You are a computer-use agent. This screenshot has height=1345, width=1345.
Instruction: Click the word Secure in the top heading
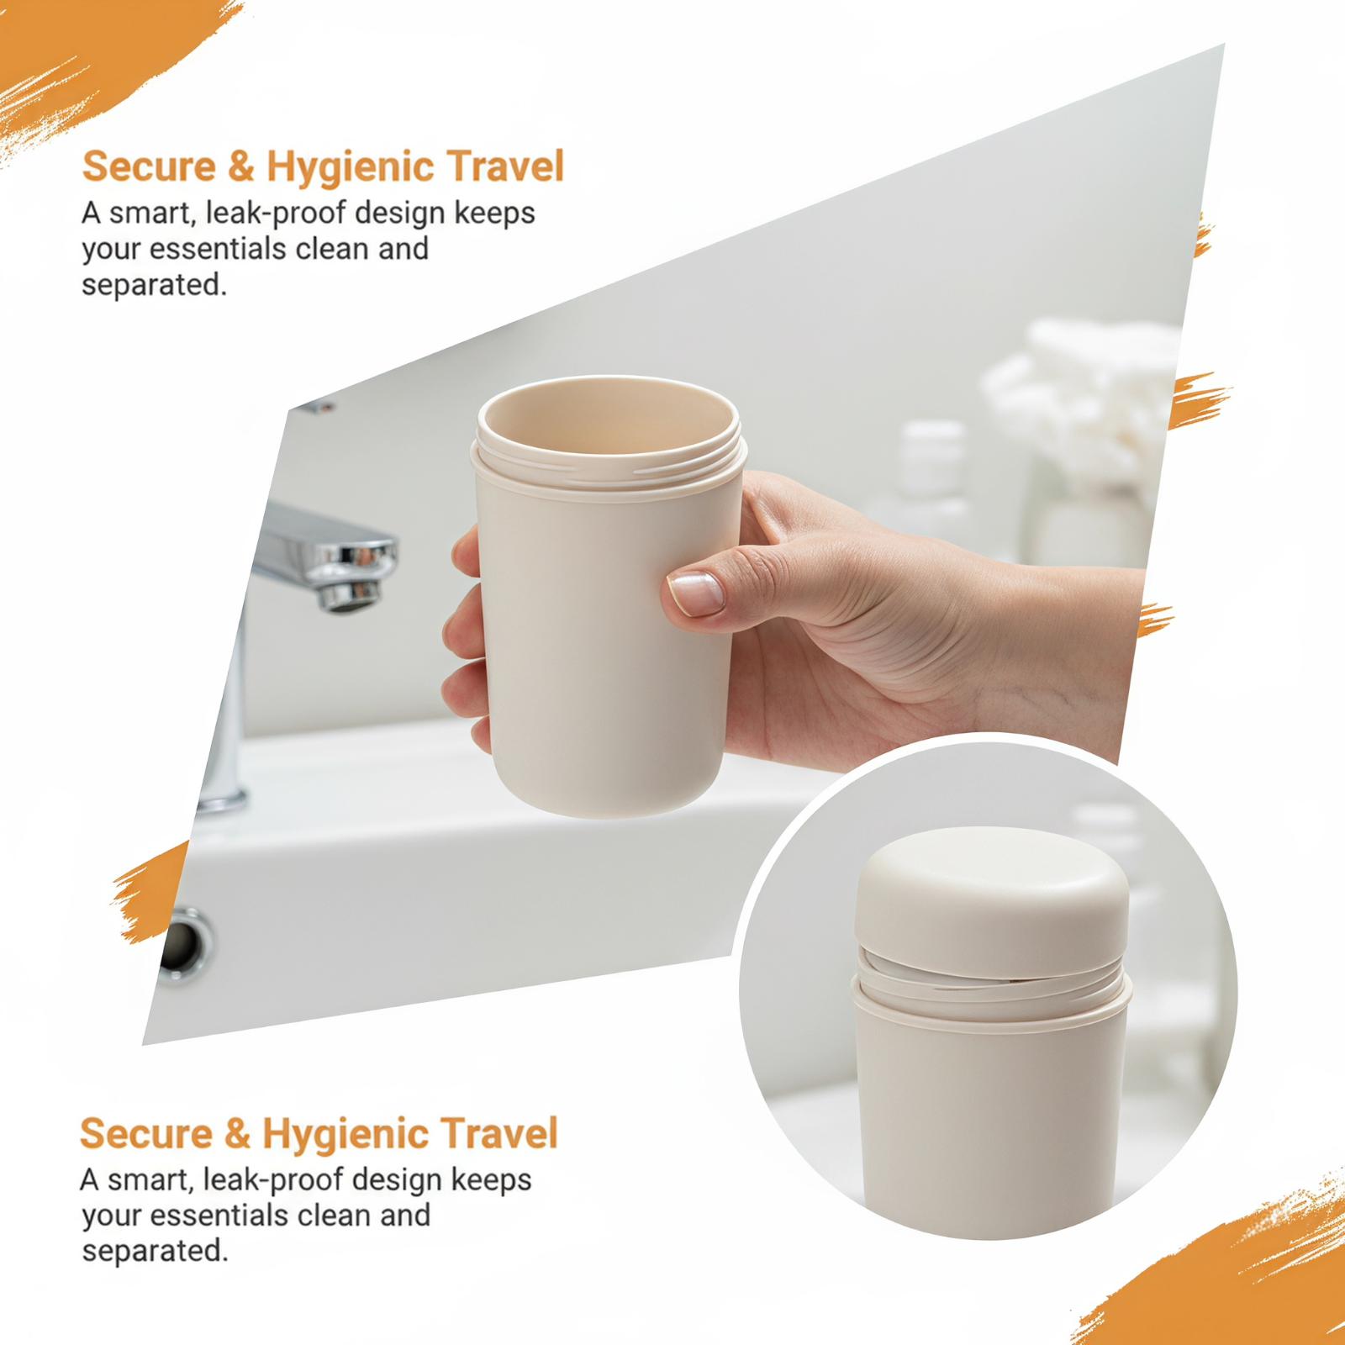coord(148,166)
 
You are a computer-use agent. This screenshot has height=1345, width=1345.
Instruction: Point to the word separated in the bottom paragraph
coord(155,1252)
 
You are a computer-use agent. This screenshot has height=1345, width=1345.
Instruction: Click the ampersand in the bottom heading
coord(239,1133)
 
